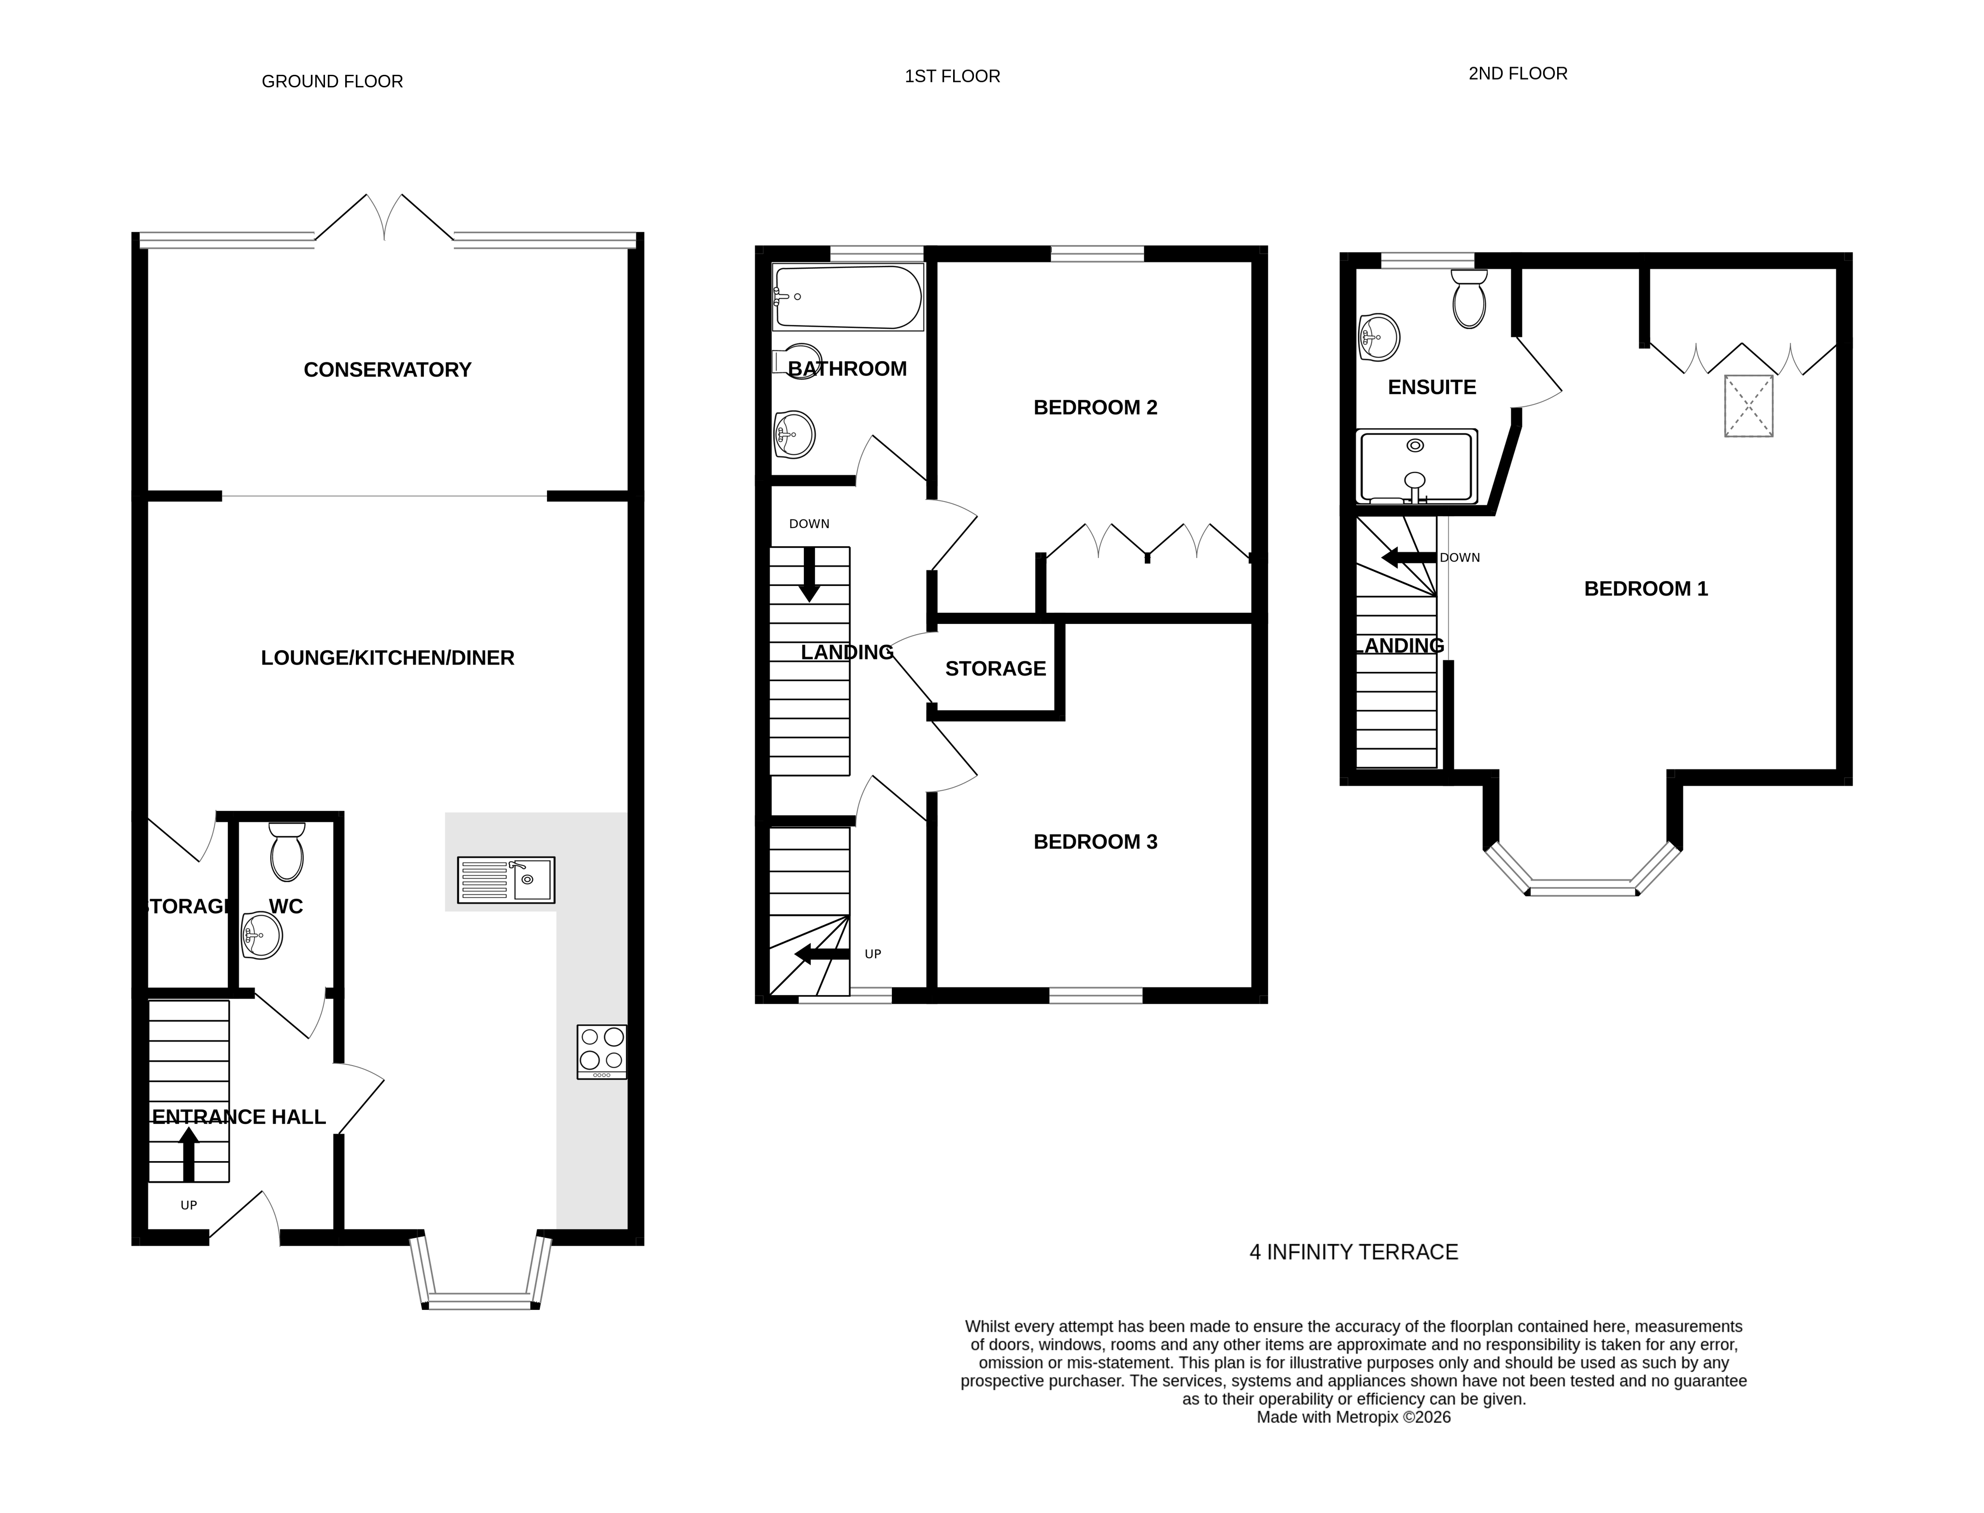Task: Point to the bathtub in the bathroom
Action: pos(847,297)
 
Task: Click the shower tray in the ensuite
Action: pos(1416,467)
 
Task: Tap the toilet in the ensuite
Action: pos(1469,300)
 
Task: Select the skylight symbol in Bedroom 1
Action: pos(1748,406)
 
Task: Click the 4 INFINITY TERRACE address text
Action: pos(1353,1252)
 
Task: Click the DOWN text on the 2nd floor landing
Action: pos(1460,557)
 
